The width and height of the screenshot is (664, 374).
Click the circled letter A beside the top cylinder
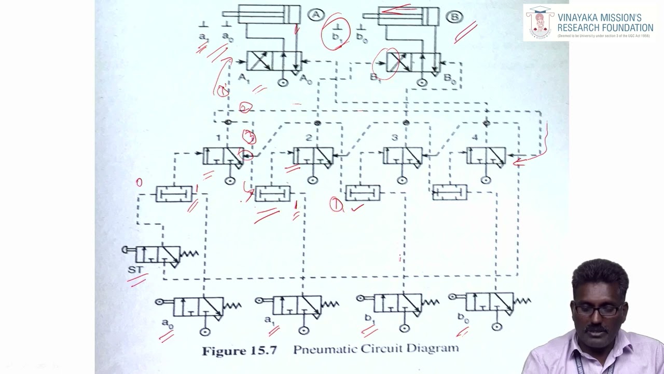coord(316,15)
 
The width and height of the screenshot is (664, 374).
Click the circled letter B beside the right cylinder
coord(454,17)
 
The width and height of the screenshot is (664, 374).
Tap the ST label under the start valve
coord(135,270)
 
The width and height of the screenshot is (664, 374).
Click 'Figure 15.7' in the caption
coord(239,351)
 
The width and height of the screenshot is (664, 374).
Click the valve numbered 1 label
coord(219,138)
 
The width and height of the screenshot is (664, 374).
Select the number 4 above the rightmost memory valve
coord(475,138)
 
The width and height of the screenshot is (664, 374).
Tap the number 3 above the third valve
coord(395,138)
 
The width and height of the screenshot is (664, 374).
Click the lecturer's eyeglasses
coord(598,310)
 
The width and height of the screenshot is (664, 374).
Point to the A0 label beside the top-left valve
coord(306,78)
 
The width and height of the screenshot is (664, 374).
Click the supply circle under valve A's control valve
coord(283,83)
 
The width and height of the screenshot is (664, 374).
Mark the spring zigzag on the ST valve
coord(189,254)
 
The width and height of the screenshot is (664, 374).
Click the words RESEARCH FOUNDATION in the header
coord(605,28)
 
